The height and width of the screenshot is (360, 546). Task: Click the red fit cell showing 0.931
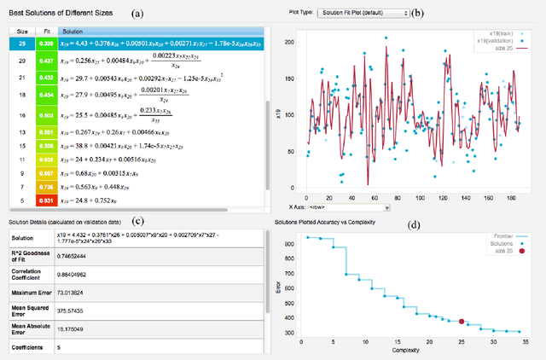pyautogui.click(x=46, y=200)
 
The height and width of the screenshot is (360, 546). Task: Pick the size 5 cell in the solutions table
pyautogui.click(x=21, y=200)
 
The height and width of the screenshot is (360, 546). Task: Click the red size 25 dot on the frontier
pyautogui.click(x=462, y=322)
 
